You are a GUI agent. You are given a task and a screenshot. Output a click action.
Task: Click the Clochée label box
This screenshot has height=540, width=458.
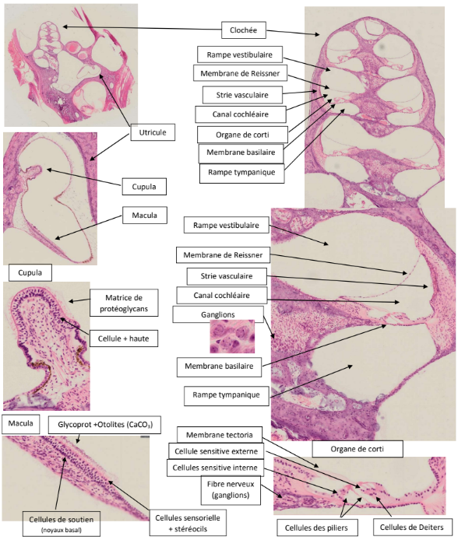coord(243,30)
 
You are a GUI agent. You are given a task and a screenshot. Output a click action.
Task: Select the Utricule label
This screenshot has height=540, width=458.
coord(153,132)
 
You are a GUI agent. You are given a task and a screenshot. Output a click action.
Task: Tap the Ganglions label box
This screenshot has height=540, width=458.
coord(218,314)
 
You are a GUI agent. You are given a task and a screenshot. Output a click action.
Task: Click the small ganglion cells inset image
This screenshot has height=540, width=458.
coord(232,336)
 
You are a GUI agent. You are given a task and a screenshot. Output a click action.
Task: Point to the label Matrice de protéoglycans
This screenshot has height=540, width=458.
coord(124,303)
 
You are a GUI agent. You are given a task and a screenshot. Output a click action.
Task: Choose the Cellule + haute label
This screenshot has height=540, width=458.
coord(123,338)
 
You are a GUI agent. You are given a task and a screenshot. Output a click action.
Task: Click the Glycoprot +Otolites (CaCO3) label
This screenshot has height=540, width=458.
coord(105,424)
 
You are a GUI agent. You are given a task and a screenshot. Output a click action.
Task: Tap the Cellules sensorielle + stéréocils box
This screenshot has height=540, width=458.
coord(188,523)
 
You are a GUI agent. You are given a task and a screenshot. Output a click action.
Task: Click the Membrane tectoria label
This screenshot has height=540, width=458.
coord(220,435)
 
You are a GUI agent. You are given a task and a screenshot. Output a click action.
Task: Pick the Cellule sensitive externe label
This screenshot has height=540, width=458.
coord(216,451)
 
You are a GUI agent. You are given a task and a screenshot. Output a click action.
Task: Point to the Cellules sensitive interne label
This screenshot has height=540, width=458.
coord(215,468)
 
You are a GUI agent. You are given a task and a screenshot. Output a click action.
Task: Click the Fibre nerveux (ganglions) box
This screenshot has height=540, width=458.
coord(231,489)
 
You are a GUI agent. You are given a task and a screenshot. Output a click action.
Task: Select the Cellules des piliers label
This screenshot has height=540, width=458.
coord(316,528)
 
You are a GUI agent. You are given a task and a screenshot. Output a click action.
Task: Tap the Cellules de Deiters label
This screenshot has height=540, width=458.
coord(412,528)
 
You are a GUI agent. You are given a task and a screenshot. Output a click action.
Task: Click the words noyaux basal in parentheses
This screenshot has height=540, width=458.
coord(62,530)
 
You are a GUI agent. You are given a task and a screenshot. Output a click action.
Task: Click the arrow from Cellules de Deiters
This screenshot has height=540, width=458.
coord(384,507)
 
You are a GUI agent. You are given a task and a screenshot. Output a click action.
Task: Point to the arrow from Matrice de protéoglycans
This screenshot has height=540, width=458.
coord(79,300)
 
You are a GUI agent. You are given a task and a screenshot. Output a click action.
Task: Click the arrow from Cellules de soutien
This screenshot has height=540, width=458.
coord(60,482)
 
